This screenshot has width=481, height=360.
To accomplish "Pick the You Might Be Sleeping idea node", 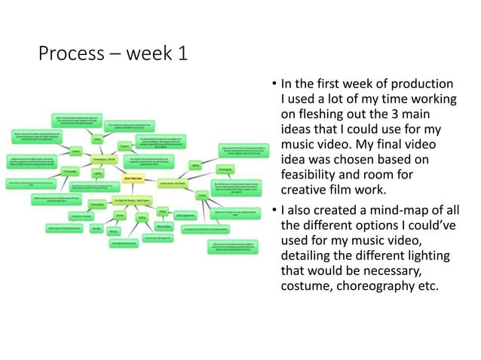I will [132, 200].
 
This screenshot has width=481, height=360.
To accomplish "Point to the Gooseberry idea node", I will [103, 160].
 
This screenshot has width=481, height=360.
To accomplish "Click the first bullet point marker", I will [274, 84].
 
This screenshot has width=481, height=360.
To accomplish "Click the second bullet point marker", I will [274, 208].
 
